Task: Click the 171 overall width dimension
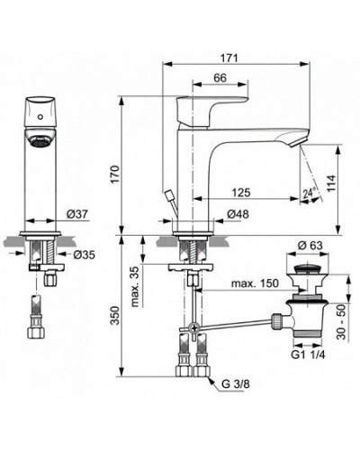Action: [x=229, y=58]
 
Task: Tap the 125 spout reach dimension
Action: [x=239, y=193]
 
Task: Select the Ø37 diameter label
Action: [x=75, y=213]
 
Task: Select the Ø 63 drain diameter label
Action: [x=310, y=245]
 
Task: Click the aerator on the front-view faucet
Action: [x=39, y=142]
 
